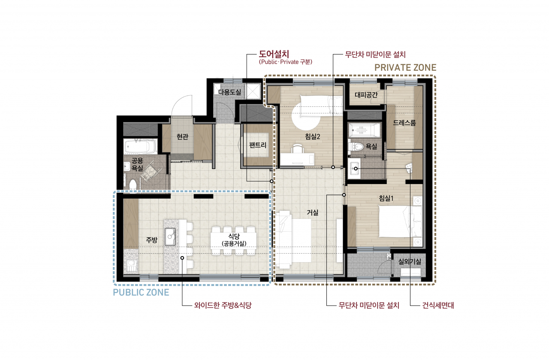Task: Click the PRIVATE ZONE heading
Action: (405, 68)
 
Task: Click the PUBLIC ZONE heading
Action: (141, 292)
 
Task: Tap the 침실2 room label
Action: (313, 136)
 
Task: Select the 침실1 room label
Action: (386, 198)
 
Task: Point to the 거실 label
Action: (313, 212)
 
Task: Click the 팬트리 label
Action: (258, 145)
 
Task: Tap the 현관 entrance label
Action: (182, 136)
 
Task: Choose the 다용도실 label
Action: (229, 92)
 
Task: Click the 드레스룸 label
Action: (404, 123)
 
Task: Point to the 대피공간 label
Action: (366, 95)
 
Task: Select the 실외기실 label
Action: (410, 261)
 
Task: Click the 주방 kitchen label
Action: (152, 240)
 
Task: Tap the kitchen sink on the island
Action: (170, 236)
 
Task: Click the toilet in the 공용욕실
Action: (133, 185)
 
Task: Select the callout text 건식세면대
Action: (438, 306)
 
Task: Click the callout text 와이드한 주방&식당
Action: (223, 306)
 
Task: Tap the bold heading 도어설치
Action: (274, 54)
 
